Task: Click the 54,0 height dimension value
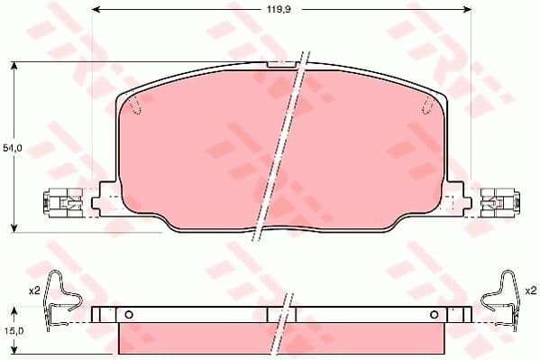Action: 12,146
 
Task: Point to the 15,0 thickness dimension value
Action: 11,331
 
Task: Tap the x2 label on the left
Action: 33,291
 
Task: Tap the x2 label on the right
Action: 531,291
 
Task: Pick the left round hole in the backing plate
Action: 128,314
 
